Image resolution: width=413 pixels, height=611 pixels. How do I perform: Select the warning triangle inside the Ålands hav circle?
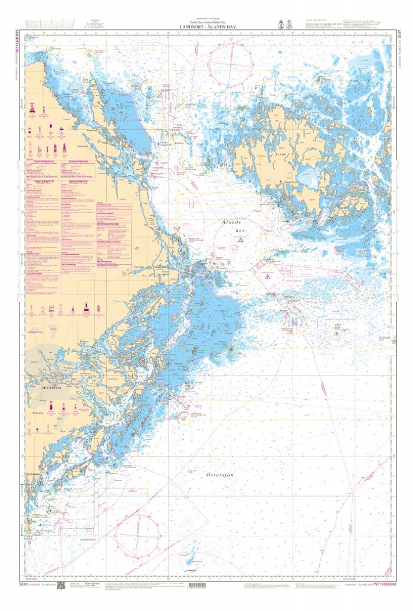point(241,240)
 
